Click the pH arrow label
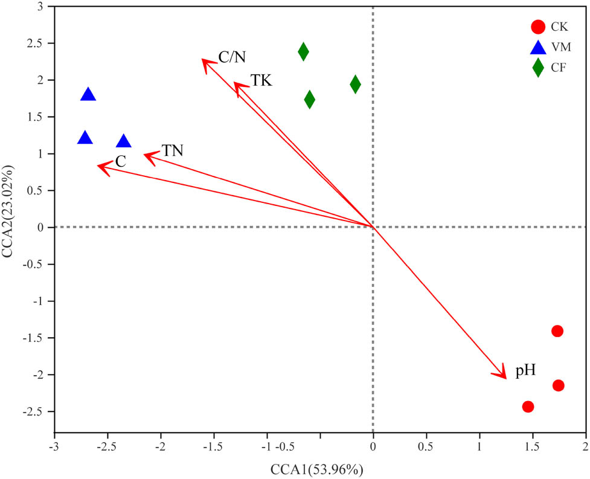tap(525, 371)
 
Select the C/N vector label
tap(232, 57)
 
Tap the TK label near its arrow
tap(261, 80)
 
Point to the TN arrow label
tap(172, 151)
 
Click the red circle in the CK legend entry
tap(537, 27)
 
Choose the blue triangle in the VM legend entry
tap(537, 47)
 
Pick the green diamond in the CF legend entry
tap(537, 68)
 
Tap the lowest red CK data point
tap(528, 407)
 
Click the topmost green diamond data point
tap(303, 51)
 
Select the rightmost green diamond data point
tap(355, 84)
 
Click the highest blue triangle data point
tap(88, 94)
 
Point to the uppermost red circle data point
tap(557, 331)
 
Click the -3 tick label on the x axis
tap(54, 445)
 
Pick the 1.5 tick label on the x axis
tap(533, 445)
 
